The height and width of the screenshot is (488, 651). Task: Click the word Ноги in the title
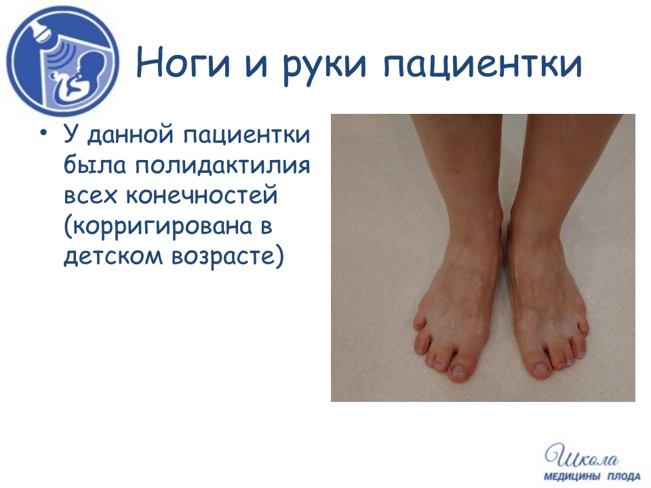coord(183,63)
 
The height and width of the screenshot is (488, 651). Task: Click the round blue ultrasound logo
coord(62,61)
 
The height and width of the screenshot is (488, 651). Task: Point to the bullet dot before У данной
coord(43,133)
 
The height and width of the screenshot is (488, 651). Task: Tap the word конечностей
coord(201,195)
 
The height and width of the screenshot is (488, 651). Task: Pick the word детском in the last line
coord(113,256)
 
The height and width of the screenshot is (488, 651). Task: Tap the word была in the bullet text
coord(95,165)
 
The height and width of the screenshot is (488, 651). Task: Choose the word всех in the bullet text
coord(90,196)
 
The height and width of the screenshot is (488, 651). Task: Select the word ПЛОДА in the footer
coord(624,476)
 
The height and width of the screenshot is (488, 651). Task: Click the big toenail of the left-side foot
coord(458,369)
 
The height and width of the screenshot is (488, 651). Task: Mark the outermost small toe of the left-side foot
coord(419,323)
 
